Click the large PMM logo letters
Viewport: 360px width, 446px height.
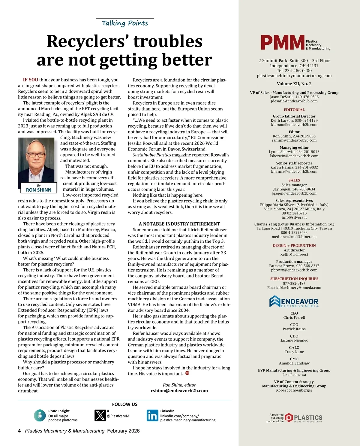[282, 43]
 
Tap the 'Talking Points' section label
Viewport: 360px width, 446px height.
[125, 23]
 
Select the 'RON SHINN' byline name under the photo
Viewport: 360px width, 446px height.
[39, 190]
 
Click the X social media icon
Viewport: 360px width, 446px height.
[100, 415]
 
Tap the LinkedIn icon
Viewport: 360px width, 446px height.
[152, 415]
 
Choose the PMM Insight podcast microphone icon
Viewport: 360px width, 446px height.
[40, 415]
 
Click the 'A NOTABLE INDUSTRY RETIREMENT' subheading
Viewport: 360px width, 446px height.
[179, 224]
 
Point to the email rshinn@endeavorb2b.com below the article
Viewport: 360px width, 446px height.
[179, 391]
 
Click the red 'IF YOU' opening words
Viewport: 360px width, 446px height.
[31, 80]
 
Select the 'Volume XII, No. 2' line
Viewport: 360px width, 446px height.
[294, 84]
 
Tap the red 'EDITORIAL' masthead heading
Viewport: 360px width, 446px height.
[294, 110]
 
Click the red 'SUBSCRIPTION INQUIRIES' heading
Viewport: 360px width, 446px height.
[294, 279]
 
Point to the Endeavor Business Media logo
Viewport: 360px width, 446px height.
[294, 302]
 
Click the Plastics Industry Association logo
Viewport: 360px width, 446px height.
[303, 417]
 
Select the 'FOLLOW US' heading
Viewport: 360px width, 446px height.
[125, 404]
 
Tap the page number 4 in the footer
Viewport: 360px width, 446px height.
[19, 431]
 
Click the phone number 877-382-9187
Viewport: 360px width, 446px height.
[294, 283]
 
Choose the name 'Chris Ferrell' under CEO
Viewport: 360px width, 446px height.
[294, 317]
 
